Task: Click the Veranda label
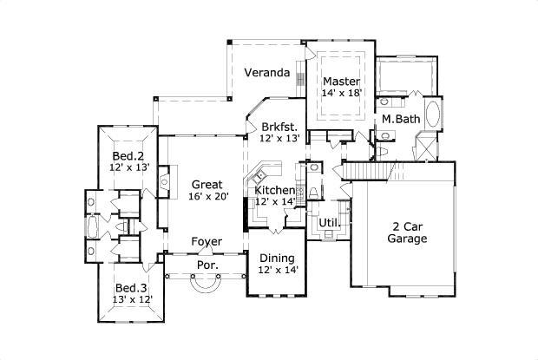coord(266,73)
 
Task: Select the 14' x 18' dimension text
coord(341,93)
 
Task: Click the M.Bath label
coord(401,119)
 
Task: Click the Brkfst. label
coord(279,126)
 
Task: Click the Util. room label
coord(328,223)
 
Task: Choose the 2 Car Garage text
coord(406,232)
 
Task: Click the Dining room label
coord(277,259)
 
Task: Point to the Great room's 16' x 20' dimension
coord(207,196)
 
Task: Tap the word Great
coord(207,184)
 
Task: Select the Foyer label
coord(207,241)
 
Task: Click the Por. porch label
coord(207,265)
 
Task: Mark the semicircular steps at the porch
coord(207,285)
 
